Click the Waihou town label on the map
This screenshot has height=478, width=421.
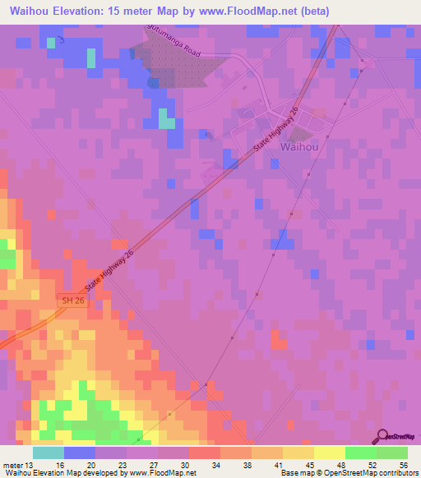click(300, 147)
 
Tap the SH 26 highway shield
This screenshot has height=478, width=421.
click(72, 301)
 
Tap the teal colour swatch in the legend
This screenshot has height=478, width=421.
click(49, 452)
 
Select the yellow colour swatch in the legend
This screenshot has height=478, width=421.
click(330, 452)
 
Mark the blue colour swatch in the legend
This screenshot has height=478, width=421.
click(80, 452)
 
